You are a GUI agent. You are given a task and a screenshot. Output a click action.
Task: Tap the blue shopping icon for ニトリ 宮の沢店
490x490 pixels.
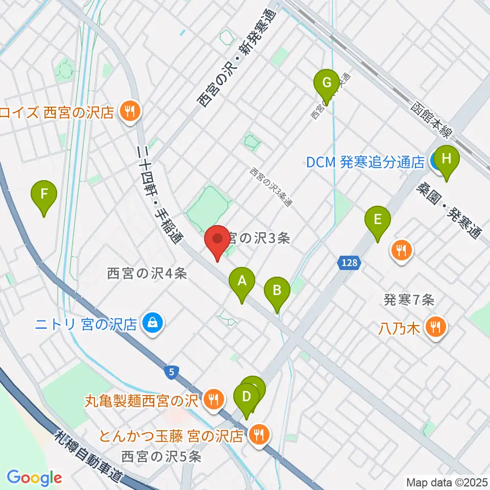coord(152,323)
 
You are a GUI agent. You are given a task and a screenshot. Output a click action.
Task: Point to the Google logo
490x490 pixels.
coord(34,478)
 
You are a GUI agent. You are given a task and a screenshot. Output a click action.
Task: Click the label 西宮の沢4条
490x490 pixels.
coord(147,274)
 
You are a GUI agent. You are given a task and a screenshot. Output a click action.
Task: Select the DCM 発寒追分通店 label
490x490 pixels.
coord(365,162)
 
